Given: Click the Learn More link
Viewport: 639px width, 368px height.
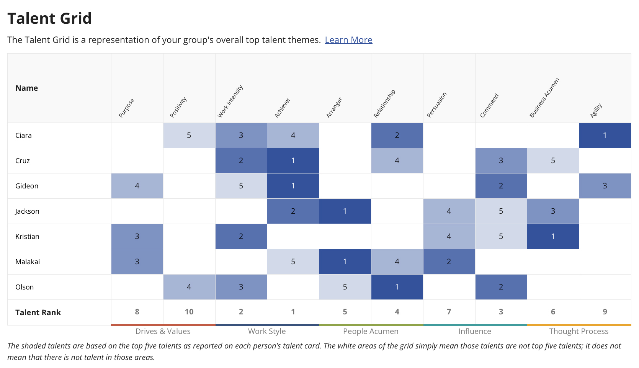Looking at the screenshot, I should pos(348,40).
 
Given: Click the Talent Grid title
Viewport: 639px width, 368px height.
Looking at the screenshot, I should pos(49,18).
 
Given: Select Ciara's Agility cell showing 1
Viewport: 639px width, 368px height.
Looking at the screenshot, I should pos(605,135).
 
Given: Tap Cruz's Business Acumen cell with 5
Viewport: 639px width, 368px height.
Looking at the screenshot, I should pos(552,160).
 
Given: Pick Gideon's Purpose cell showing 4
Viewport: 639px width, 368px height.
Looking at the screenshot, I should pos(137,186).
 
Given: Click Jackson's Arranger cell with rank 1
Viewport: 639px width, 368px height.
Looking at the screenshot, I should pos(345,211).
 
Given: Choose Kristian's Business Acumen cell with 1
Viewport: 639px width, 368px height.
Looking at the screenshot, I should pos(552,236).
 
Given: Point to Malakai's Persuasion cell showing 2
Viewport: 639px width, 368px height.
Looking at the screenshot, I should pos(449,262).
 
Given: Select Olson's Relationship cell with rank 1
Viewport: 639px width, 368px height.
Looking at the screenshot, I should pos(397,287).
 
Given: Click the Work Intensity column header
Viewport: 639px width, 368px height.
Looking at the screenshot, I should pos(230,101).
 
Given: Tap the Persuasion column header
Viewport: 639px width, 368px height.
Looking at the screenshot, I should pos(437,105).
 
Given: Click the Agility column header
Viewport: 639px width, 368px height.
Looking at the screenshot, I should pos(596,111).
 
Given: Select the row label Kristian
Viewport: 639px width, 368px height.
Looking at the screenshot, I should pos(27,236).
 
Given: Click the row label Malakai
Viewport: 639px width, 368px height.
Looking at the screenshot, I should pos(28,262).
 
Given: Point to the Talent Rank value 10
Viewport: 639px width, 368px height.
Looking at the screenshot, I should pos(189,312).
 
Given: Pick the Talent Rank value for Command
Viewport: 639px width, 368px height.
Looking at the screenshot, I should pos(500,312).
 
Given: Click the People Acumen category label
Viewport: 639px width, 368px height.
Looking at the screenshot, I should pos(371,331).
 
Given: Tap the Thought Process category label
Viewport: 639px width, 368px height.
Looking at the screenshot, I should pos(579,331).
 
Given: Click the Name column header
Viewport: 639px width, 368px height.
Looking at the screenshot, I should pos(26,88).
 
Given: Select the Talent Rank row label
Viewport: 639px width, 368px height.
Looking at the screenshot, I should pos(38,312).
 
